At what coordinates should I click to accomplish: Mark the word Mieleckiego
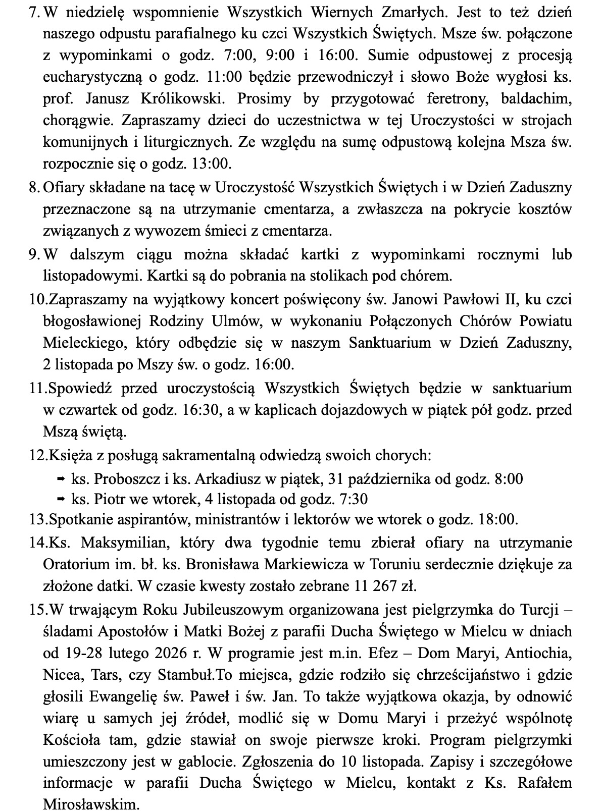(83, 343)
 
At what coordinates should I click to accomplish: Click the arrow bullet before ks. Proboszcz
(60, 478)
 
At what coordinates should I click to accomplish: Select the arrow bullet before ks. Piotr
(60, 499)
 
